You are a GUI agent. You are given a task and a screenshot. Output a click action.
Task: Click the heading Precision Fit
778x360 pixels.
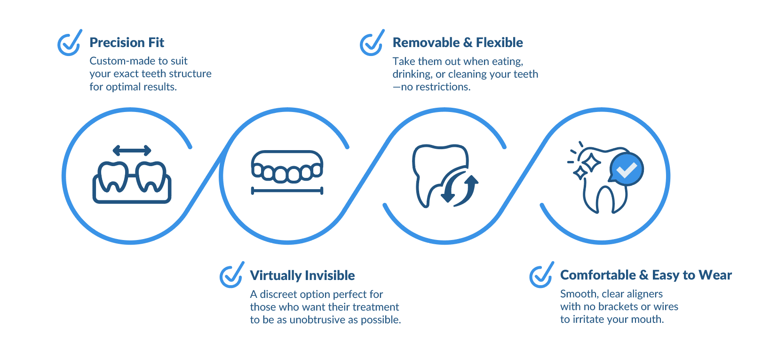click(x=127, y=43)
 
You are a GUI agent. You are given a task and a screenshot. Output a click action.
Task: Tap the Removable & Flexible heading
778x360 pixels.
click(x=457, y=43)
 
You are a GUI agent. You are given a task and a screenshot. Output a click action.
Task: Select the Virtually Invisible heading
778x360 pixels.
click(x=302, y=276)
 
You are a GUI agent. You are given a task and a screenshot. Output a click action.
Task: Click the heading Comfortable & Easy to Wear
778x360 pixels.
click(x=646, y=275)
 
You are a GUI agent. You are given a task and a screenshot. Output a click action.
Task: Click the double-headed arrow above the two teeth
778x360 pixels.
click(x=132, y=151)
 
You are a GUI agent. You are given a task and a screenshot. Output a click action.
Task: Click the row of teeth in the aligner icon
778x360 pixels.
click(x=287, y=173)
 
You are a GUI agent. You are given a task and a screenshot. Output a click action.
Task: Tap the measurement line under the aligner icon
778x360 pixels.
click(x=287, y=191)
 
